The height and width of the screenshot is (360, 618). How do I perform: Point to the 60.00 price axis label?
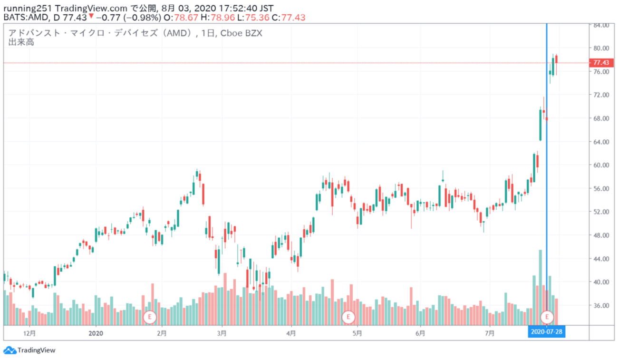pyautogui.click(x=599, y=165)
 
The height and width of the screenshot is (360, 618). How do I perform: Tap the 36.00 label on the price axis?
pyautogui.click(x=599, y=305)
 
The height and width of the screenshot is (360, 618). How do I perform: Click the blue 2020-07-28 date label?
pyautogui.click(x=547, y=331)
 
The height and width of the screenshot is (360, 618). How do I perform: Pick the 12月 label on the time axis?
pyautogui.click(x=29, y=332)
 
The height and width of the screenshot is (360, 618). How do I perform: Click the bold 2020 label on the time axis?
pyautogui.click(x=96, y=332)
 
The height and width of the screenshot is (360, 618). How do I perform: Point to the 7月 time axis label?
pyautogui.click(x=490, y=332)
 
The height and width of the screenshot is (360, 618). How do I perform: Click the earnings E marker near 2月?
pyautogui.click(x=150, y=316)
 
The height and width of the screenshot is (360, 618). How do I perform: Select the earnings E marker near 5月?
pyautogui.click(x=348, y=316)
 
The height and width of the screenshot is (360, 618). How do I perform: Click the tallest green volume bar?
pyautogui.click(x=541, y=285)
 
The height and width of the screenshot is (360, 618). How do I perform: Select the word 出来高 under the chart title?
pyautogui.click(x=21, y=43)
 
